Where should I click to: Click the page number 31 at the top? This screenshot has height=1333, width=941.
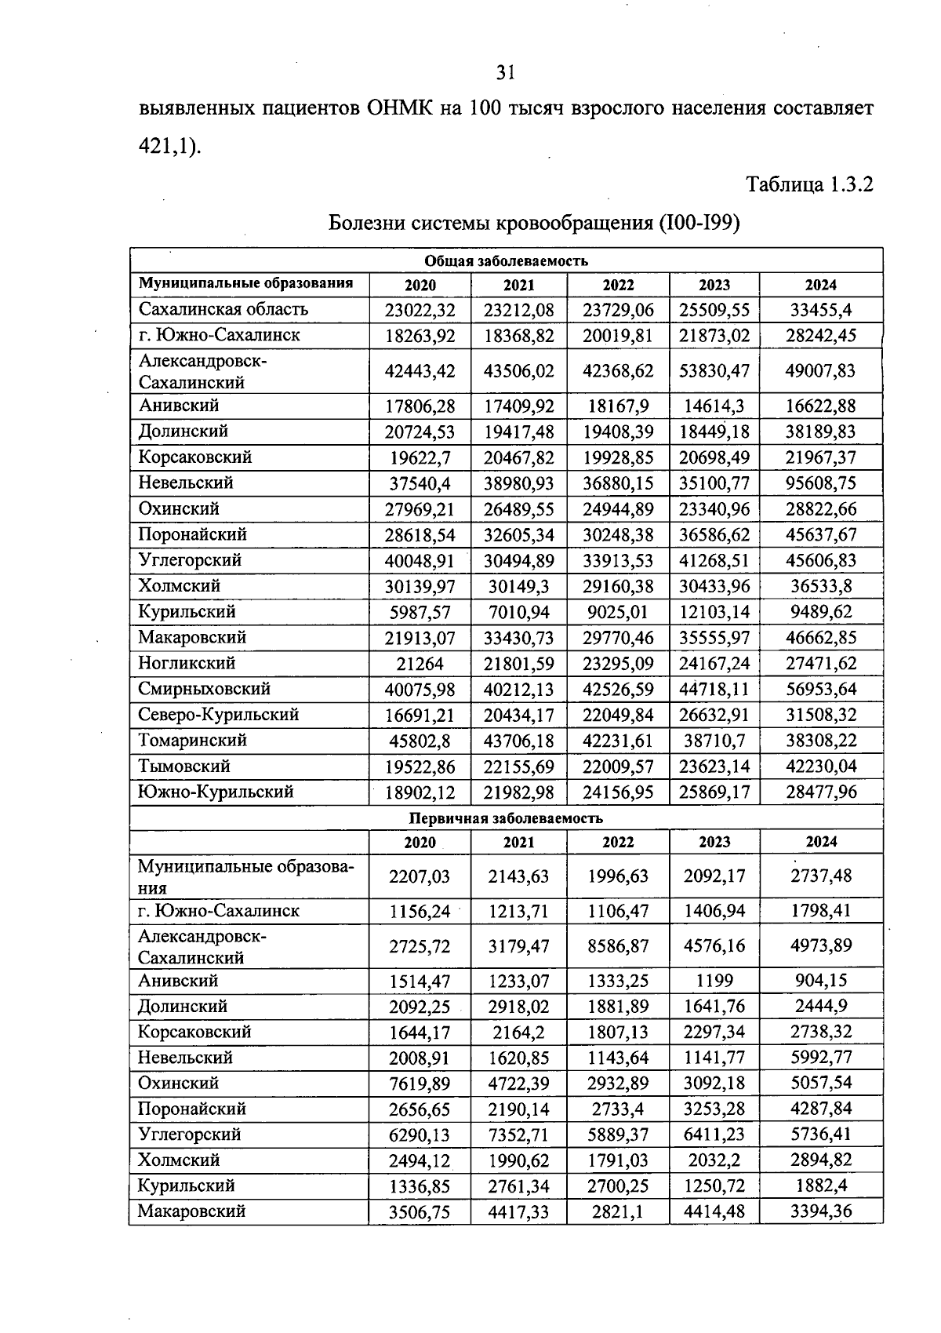[505, 73]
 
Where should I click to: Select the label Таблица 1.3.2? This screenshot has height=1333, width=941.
[809, 185]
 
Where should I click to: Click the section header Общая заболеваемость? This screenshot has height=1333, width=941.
[506, 260]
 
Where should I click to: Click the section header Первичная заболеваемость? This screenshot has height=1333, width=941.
[506, 818]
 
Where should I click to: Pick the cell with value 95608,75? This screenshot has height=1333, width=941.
[821, 483]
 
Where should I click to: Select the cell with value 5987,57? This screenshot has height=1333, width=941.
[420, 612]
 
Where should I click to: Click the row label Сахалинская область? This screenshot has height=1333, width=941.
[223, 309]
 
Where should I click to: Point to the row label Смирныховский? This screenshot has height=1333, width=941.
[204, 689]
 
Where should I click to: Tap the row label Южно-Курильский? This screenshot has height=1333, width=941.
[216, 792]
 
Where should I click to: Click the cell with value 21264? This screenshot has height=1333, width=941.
[420, 664]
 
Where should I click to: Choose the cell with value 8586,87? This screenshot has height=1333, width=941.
[618, 946]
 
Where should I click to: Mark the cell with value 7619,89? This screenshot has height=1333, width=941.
[420, 1084]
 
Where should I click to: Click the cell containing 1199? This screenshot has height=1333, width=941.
[714, 981]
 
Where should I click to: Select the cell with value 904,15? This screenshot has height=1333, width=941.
[821, 981]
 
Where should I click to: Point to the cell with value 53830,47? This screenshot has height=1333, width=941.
[714, 371]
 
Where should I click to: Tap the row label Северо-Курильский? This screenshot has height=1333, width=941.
[219, 715]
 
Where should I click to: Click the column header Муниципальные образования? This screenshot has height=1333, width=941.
[245, 283]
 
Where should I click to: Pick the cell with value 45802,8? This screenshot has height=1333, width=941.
[420, 741]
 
